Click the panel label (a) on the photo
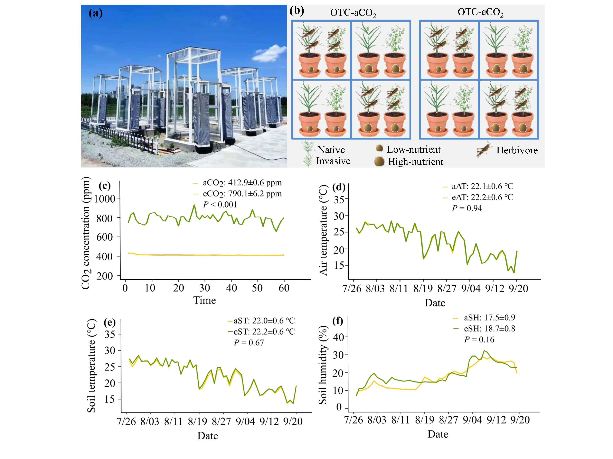pos(96,13)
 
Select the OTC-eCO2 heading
pos(480,12)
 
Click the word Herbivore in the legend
pos(517,150)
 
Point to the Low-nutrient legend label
pos(414,149)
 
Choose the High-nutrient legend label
pos(415,162)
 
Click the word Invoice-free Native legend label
pos(331,150)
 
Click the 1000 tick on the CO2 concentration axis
pos(104,199)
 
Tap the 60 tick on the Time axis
pos(284,288)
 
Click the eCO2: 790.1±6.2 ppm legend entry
pos(242,194)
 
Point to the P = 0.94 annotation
pos(467,208)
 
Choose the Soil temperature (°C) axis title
pos(92,366)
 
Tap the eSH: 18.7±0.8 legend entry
pos(489,329)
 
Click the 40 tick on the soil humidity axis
pos(339,337)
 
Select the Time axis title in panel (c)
pos(205,300)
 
